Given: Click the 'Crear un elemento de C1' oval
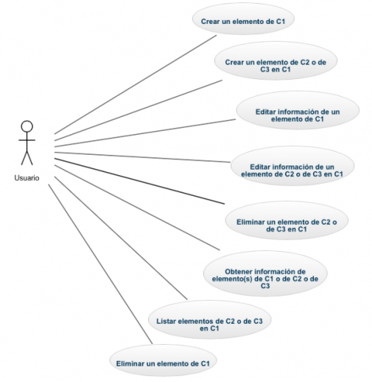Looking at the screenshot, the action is pyautogui.click(x=243, y=19).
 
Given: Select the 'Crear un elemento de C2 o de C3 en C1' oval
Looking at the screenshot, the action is pyautogui.click(x=276, y=61).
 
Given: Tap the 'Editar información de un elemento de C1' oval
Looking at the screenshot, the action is pyautogui.click(x=298, y=110).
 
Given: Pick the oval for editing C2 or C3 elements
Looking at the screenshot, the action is pyautogui.click(x=292, y=166).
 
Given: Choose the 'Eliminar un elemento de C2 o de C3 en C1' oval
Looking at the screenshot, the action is pyautogui.click(x=286, y=220).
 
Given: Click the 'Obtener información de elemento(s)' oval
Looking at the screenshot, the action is pyautogui.click(x=265, y=274).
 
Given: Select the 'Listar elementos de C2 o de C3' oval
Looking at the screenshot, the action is pyautogui.click(x=210, y=320).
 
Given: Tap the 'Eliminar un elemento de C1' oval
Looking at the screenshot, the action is pyautogui.click(x=163, y=360).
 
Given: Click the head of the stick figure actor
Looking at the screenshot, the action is pyautogui.click(x=27, y=127).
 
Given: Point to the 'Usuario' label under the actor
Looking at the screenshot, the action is pyautogui.click(x=27, y=178).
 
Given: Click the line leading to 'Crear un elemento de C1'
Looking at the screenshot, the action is pyautogui.click(x=135, y=85).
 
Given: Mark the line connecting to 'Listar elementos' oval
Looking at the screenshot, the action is pyautogui.click(x=121, y=238).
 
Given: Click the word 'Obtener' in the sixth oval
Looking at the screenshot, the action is pyautogui.click(x=239, y=272).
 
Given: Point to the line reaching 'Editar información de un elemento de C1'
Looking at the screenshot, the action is pyautogui.click(x=145, y=133).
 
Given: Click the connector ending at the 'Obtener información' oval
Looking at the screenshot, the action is pyautogui.click(x=137, y=208).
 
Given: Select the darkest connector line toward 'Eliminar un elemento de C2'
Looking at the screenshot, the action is pyautogui.click(x=139, y=181).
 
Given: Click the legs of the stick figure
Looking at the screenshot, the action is pyautogui.click(x=27, y=158).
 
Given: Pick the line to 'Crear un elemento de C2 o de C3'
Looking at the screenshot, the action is pyautogui.click(x=138, y=110).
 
